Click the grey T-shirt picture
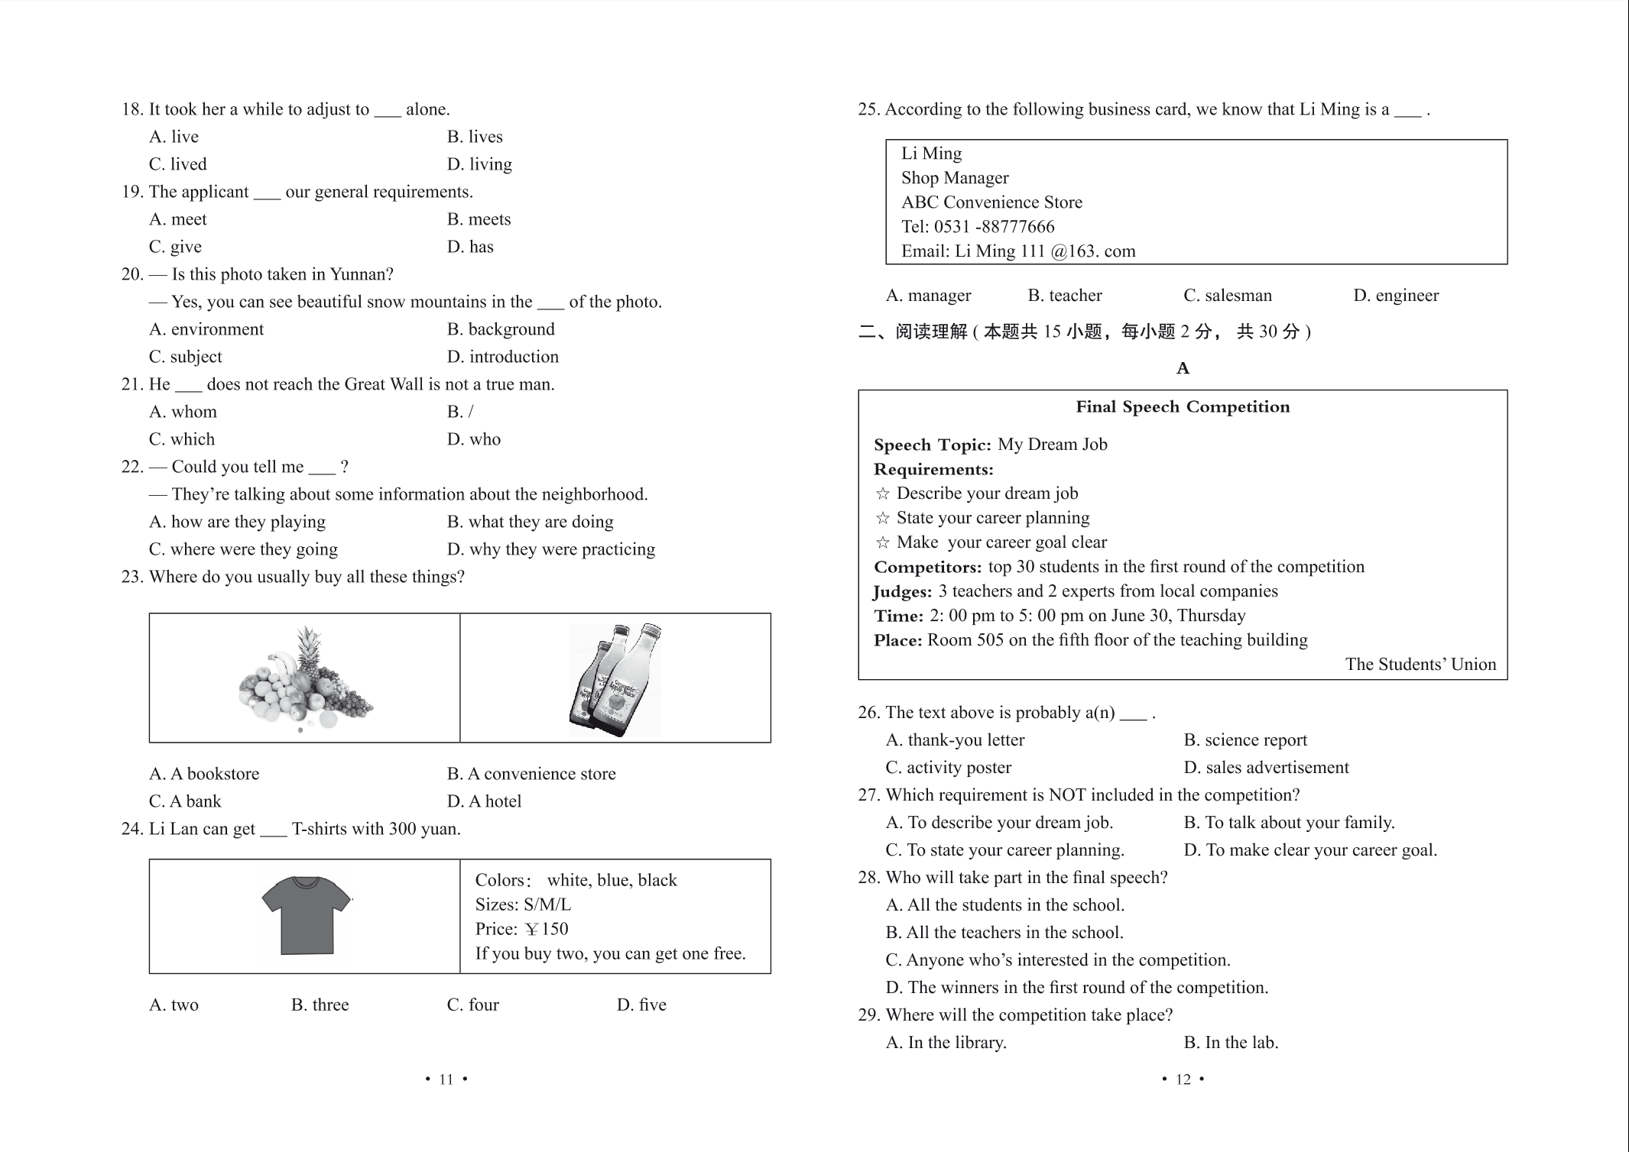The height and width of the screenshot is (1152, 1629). (x=306, y=915)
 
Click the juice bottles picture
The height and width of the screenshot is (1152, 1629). (x=615, y=679)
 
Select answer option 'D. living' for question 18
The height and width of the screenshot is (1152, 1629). (x=479, y=164)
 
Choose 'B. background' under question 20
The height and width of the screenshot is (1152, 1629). (x=501, y=329)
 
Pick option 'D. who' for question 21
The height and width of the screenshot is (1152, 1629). (x=474, y=439)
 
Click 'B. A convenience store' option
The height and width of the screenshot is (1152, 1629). (x=531, y=774)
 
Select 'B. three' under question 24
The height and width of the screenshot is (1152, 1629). (x=320, y=1005)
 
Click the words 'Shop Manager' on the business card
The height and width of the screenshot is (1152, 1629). (x=955, y=178)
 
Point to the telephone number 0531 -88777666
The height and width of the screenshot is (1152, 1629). (x=994, y=227)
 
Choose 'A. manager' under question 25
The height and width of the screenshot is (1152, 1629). (x=928, y=296)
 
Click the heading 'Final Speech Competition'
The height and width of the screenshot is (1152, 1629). (x=1183, y=407)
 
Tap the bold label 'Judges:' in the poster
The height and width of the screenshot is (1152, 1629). (x=903, y=592)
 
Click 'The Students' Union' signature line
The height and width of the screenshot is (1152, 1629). (x=1420, y=665)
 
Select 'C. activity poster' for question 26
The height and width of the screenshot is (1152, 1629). (x=948, y=768)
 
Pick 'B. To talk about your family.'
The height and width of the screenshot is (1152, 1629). (x=1289, y=823)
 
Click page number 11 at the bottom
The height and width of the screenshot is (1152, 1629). (x=446, y=1079)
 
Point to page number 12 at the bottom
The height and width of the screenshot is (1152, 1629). (x=1183, y=1079)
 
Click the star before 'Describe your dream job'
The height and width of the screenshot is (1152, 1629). (x=883, y=494)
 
